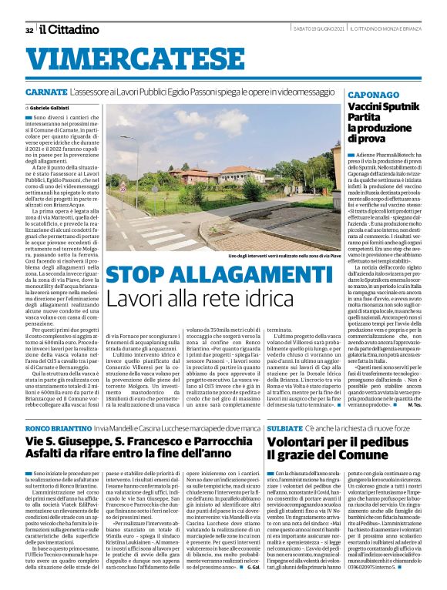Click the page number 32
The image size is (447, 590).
coord(29,30)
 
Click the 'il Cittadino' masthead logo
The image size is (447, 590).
coord(70,29)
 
